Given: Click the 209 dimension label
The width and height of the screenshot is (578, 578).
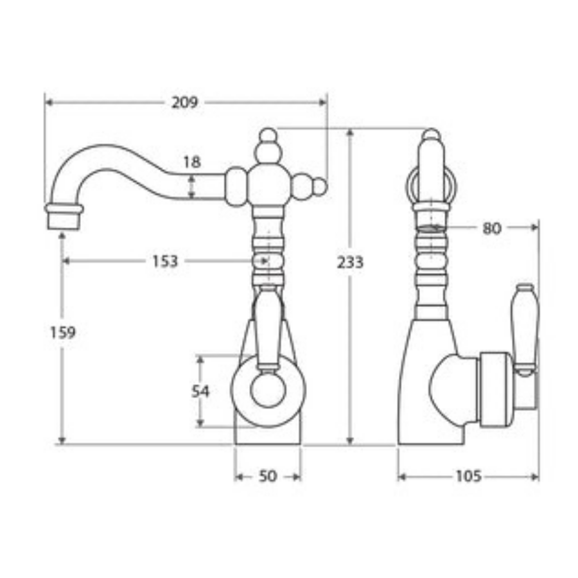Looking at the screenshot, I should pos(185,102).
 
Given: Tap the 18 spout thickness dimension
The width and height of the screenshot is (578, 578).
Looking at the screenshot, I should pos(191,162).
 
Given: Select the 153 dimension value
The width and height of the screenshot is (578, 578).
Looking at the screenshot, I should pos(165,261).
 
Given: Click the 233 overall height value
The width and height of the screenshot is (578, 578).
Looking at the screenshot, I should pos(351,262).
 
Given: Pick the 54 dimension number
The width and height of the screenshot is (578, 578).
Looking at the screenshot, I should pos(200,390).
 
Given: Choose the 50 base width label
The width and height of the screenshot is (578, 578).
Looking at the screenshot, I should pos(268,477).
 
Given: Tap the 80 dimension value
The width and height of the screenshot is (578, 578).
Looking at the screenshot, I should pos(491,228).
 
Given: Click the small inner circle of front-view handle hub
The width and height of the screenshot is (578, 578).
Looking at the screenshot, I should pos(268,391).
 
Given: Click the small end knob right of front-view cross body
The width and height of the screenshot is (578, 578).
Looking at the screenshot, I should pos(319,186).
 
